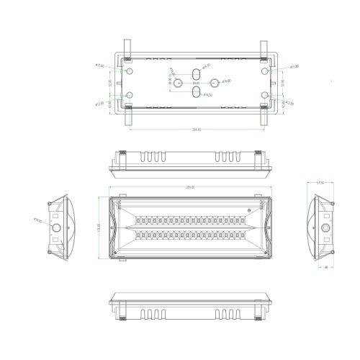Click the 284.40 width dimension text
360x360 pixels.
pos(195,130)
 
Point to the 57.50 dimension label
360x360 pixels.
pos(322,183)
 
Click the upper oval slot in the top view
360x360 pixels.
pos(196,74)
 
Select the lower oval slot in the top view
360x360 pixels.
pos(196,91)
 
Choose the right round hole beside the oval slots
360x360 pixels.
pos(212,83)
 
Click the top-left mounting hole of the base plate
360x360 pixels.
pos(129,72)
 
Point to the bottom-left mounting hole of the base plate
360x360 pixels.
pos(129,95)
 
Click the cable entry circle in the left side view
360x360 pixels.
pos(55,229)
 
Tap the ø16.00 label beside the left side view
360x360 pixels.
pos(37,221)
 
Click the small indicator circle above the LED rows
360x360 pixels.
pos(251,210)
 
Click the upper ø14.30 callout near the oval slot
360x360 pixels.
pos(206,66)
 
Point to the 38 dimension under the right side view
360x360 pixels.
pos(326,266)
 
